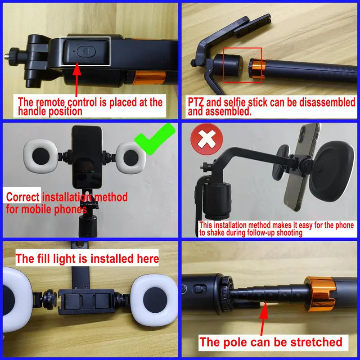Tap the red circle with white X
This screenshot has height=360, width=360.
pos(206,139)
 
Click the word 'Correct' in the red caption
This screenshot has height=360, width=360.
pos(23,197)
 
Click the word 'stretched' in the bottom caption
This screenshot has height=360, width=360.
pos(315,342)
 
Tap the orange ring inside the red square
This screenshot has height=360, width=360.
pos(257,69)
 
